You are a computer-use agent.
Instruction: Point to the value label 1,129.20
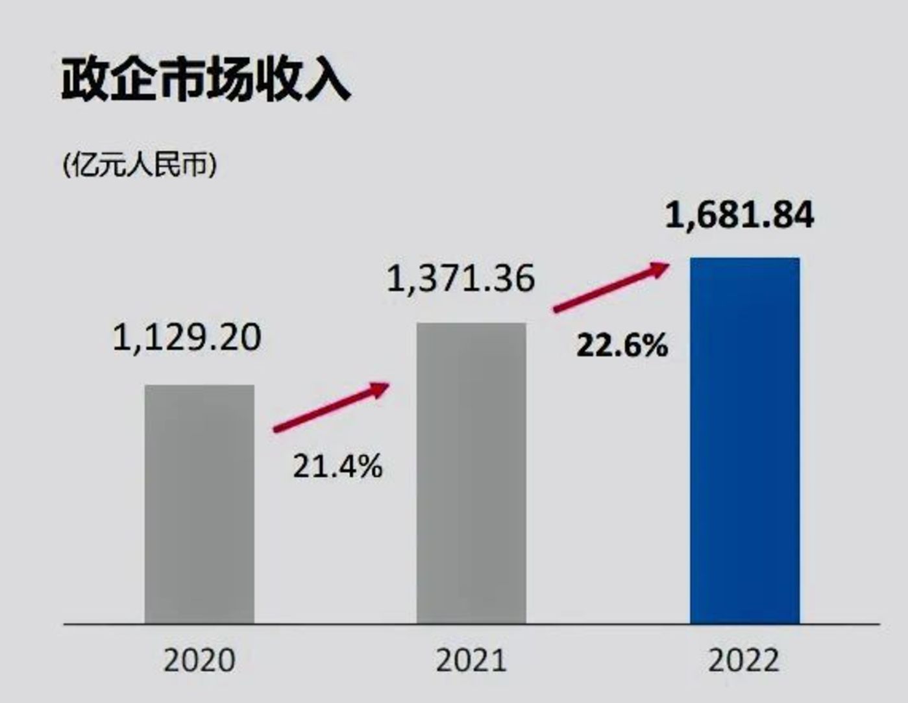tap(187, 338)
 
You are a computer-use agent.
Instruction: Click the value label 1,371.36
tap(461, 278)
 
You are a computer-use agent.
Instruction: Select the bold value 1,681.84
tap(740, 216)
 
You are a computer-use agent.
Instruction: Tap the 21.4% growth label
tap(337, 466)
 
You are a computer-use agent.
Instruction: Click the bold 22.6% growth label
tap(622, 345)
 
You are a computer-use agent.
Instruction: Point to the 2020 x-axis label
tap(199, 661)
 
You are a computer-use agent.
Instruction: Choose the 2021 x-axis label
tap(471, 661)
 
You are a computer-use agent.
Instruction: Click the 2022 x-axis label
tap(744, 661)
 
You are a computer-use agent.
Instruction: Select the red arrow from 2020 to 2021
tap(331, 407)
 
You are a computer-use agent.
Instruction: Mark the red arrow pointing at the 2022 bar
tap(611, 287)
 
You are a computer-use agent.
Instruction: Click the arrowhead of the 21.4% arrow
tap(380, 388)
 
